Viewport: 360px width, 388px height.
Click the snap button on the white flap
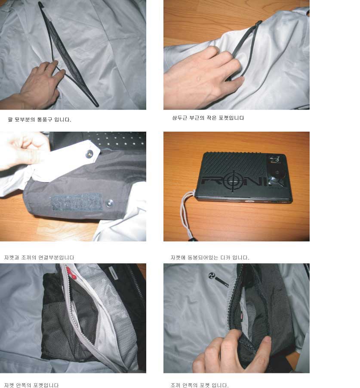[89, 154]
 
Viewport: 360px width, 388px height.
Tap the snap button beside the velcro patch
[109, 203]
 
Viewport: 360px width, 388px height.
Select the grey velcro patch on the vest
[76, 202]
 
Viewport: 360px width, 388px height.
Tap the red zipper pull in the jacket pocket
[70, 273]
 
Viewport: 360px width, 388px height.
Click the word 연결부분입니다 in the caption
[56, 258]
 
